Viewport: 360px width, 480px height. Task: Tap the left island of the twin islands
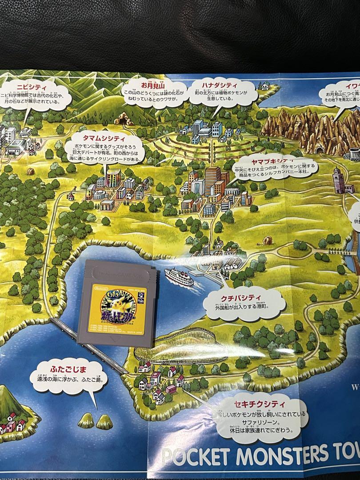coord(86,420)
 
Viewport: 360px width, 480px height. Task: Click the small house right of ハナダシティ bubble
coord(265,86)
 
